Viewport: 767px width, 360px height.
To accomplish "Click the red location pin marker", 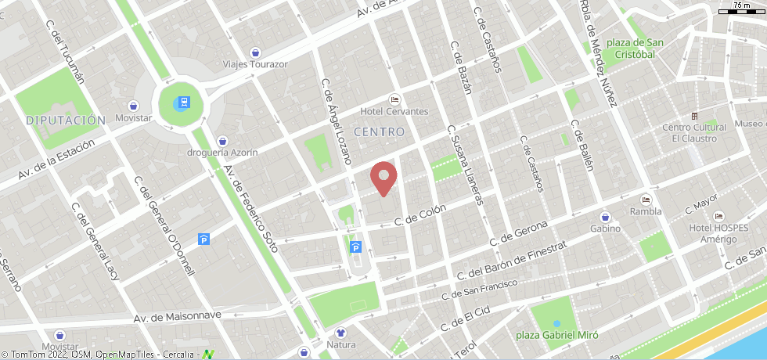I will tap(383, 178).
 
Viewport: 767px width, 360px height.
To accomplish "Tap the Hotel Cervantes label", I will tap(394, 111).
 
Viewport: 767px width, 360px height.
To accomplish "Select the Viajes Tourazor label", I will tap(255, 64).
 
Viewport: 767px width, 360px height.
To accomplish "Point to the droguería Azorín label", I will tap(223, 152).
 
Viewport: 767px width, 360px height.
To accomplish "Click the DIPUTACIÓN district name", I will tap(65, 121).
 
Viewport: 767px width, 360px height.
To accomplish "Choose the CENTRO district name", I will tap(379, 132).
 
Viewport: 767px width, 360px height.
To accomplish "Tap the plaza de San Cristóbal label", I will tap(630, 49).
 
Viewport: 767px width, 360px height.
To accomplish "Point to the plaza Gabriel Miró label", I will tap(557, 335).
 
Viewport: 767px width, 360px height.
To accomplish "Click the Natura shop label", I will tap(340, 344).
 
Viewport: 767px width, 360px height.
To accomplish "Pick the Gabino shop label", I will tap(605, 229).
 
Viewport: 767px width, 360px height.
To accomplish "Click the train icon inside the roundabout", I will tap(182, 102).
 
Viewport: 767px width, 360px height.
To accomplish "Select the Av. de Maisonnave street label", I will tap(178, 317).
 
